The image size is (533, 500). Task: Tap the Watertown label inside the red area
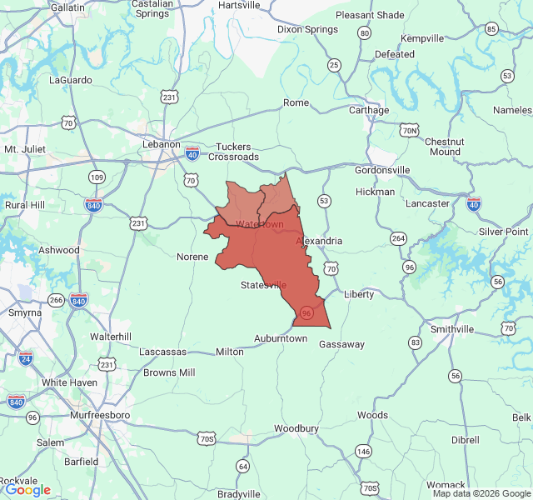click(x=260, y=224)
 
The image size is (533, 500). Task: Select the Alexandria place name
click(x=319, y=241)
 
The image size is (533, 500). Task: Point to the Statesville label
click(x=263, y=285)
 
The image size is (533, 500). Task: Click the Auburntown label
click(x=281, y=338)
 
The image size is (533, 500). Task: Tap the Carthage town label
click(x=369, y=110)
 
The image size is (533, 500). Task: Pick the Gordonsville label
click(x=382, y=170)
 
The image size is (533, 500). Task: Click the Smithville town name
click(x=451, y=329)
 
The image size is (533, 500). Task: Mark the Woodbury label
click(x=296, y=428)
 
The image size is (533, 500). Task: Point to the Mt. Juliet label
click(x=23, y=149)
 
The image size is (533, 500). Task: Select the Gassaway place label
click(x=342, y=344)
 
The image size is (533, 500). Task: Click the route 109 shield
click(x=97, y=177)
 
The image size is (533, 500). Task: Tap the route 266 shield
click(x=56, y=300)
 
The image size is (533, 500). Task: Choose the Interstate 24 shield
click(x=26, y=358)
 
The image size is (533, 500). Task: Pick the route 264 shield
click(x=398, y=238)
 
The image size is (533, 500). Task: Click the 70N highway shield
click(x=409, y=130)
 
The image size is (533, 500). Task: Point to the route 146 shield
click(x=363, y=451)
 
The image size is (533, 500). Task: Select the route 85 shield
click(x=491, y=29)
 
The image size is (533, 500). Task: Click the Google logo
click(x=28, y=490)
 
